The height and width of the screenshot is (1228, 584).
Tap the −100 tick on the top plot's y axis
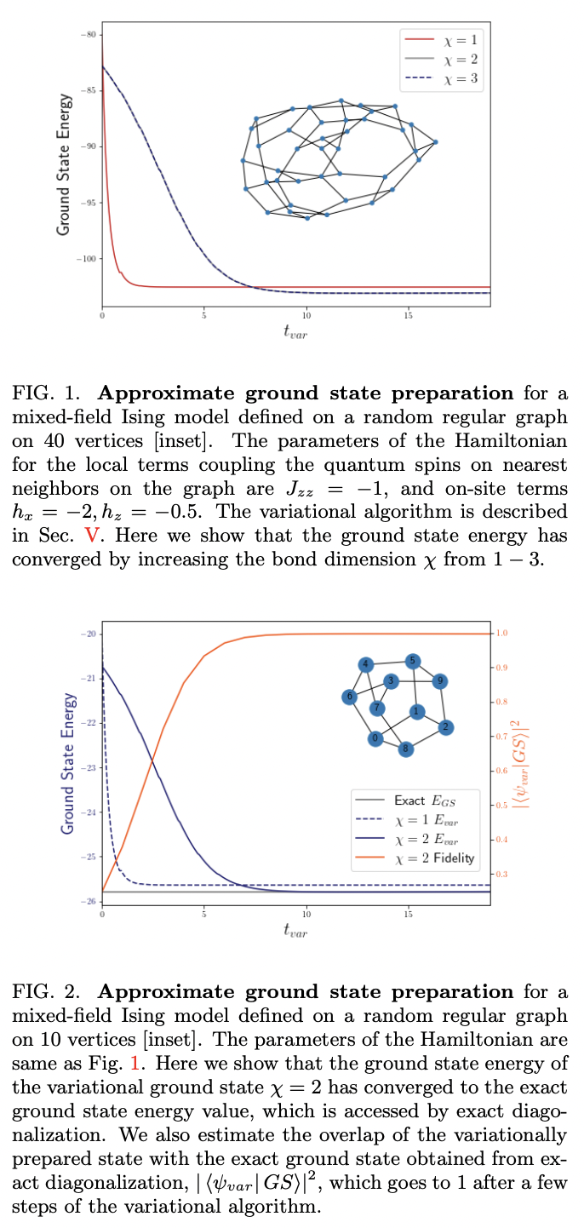tap(89, 258)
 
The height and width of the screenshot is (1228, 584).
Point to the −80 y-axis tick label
tap(91, 34)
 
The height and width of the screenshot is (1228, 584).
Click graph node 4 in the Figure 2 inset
tap(365, 664)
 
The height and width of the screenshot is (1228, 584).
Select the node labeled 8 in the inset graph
tap(406, 749)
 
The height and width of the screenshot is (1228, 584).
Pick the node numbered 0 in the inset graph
tap(375, 738)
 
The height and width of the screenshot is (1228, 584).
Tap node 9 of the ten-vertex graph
tap(439, 680)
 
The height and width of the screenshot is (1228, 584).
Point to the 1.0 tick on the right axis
tap(502, 634)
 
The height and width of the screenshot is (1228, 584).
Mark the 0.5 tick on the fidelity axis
tap(502, 806)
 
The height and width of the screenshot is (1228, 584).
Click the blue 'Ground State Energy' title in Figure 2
tap(66, 767)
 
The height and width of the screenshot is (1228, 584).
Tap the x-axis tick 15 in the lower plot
tap(409, 914)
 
